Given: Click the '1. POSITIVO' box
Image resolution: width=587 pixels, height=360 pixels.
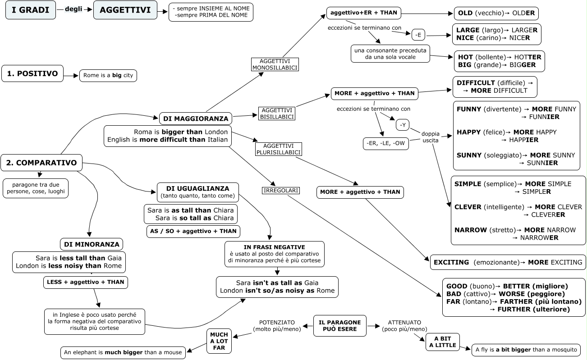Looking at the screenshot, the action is click(x=32, y=73).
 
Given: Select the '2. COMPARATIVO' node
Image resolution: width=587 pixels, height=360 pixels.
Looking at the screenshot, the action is click(x=41, y=163).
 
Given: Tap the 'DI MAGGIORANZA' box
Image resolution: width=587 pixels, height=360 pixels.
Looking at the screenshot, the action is click(x=196, y=118).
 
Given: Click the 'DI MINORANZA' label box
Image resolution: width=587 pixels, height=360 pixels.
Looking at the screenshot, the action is click(x=92, y=244).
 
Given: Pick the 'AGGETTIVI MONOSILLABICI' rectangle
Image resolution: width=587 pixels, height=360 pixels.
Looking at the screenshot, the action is click(x=275, y=64).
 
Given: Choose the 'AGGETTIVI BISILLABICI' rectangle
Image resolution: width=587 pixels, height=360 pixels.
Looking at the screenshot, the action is click(x=277, y=114).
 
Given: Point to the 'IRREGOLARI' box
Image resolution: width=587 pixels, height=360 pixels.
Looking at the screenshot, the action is click(x=281, y=190).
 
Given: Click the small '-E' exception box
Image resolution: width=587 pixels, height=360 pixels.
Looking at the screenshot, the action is click(x=418, y=35).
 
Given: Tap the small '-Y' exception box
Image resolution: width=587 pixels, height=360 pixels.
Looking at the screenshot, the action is click(x=403, y=125).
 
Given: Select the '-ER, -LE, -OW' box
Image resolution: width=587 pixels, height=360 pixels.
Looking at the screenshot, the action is click(x=386, y=143).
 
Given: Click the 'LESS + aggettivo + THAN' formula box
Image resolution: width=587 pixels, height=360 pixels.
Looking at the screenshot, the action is click(x=86, y=282).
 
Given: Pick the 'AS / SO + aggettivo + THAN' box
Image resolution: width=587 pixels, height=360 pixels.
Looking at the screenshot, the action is click(x=193, y=232).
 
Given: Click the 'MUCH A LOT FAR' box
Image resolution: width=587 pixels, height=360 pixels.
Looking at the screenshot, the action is click(x=219, y=341).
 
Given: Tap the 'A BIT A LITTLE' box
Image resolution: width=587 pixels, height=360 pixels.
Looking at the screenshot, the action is click(x=443, y=342).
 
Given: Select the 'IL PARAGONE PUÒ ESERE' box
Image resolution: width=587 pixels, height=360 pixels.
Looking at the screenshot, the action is click(x=340, y=326).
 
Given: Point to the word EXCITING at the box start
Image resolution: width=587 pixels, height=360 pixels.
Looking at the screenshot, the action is click(x=451, y=262).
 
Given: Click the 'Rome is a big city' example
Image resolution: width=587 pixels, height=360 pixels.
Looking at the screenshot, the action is click(x=108, y=76).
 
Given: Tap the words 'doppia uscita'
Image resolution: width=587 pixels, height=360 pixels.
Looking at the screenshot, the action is click(x=430, y=137).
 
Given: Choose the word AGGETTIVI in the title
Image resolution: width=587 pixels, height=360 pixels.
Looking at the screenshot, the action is click(x=125, y=10).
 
